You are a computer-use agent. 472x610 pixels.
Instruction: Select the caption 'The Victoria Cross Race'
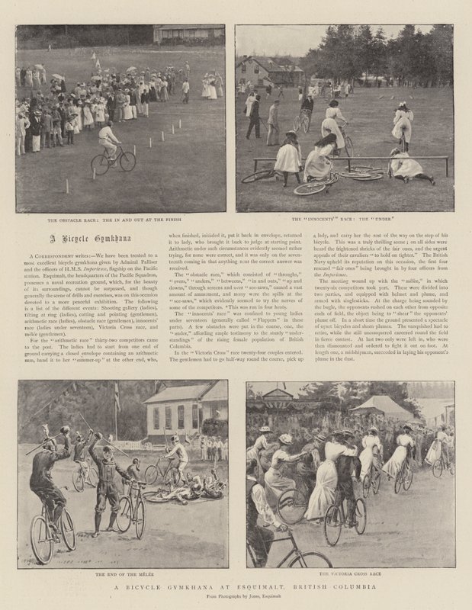pos(352,571)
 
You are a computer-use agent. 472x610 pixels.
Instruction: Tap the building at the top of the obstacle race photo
pos(188,34)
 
